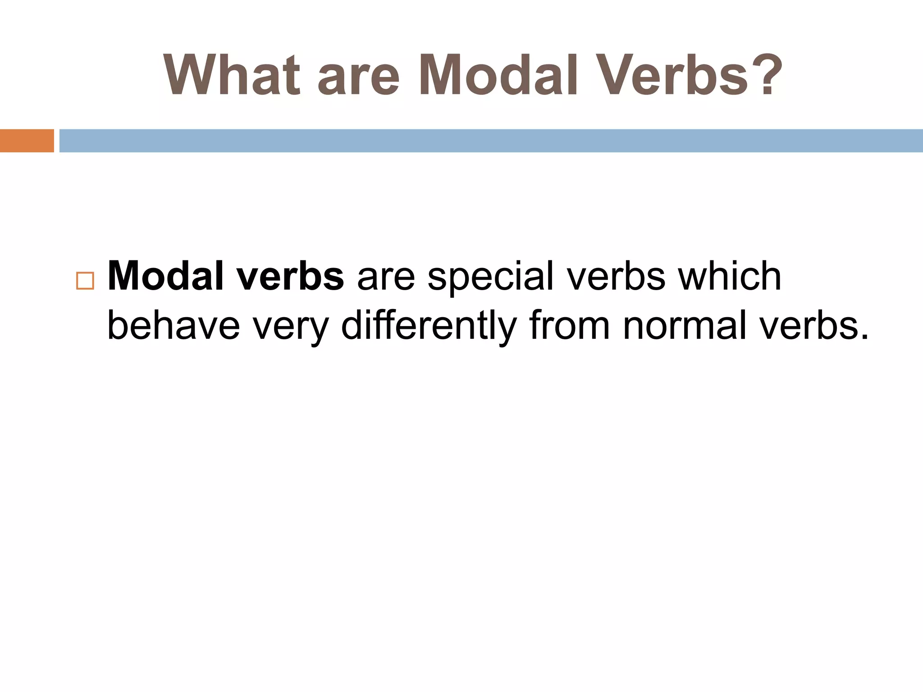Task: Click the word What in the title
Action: [x=232, y=75]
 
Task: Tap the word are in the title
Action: [x=359, y=75]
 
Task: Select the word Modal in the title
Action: [x=498, y=75]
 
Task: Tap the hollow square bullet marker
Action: [x=85, y=281]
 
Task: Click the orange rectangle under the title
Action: [x=27, y=141]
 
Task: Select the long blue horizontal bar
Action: [x=491, y=141]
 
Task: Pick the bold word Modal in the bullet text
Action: [x=165, y=276]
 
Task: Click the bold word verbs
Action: [x=291, y=276]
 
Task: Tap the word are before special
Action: [x=386, y=276]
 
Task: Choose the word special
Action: [x=490, y=276]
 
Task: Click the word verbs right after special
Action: [x=616, y=276]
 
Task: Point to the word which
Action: [x=730, y=276]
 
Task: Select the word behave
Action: [x=174, y=325]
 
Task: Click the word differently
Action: [x=429, y=325]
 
